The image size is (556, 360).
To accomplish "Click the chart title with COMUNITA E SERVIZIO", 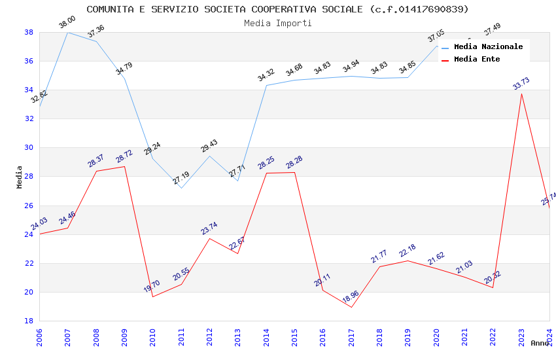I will click(277, 9).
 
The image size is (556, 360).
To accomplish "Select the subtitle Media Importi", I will click(277, 23).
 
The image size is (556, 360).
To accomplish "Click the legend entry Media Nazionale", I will click(488, 46).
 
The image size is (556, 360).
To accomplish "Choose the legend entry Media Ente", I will click(477, 59).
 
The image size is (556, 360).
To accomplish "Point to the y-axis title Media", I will click(20, 177).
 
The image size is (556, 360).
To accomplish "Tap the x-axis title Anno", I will click(540, 343).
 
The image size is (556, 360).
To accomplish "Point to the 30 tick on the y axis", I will click(29, 147).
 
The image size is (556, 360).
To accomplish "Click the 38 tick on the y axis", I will click(29, 32).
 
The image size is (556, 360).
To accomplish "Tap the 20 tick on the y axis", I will click(29, 292).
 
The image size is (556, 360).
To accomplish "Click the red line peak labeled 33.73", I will click(521, 94).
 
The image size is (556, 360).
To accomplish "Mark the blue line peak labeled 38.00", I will click(68, 32).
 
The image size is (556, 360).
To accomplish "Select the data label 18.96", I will click(351, 298).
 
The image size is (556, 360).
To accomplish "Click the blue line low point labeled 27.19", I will click(181, 188).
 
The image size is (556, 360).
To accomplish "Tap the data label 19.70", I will click(152, 285).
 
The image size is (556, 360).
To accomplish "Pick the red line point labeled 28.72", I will click(124, 166).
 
